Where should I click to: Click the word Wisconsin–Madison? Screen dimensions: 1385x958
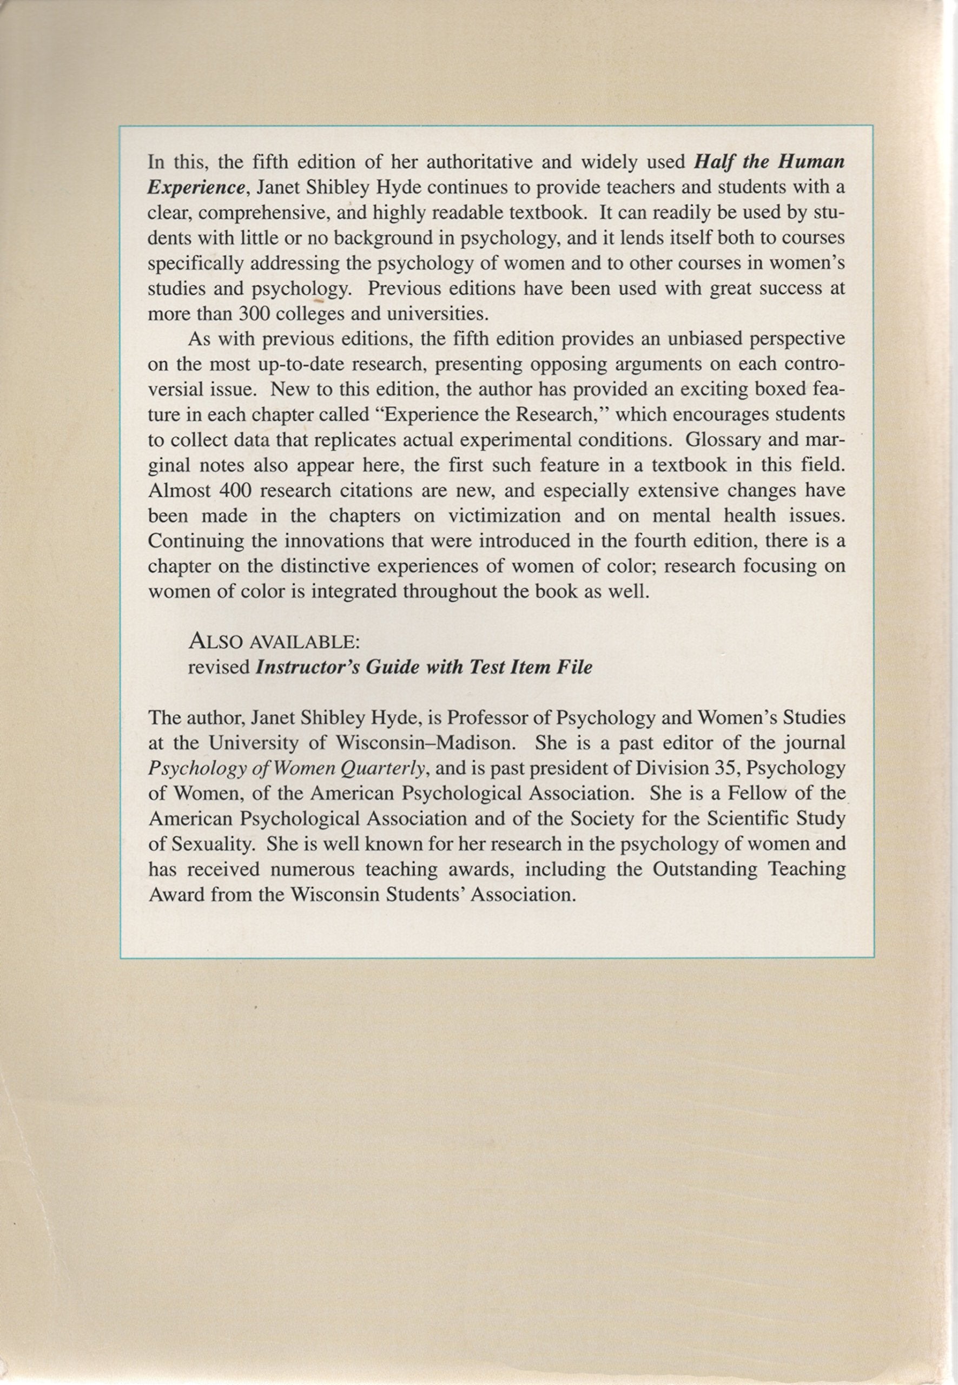pyautogui.click(x=424, y=743)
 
